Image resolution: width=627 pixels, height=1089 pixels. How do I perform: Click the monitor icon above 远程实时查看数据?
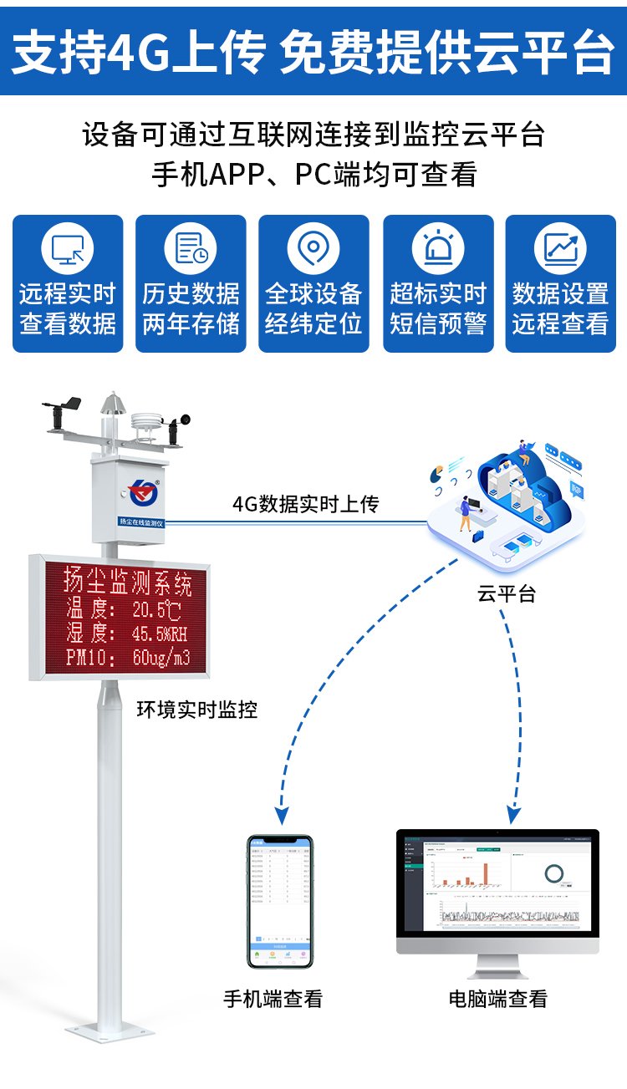coord(68,249)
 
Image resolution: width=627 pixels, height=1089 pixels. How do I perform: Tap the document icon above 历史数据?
coord(191,249)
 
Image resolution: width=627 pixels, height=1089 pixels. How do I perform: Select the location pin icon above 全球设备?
coord(313,248)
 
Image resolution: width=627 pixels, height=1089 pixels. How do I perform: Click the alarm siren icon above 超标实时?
coord(438,248)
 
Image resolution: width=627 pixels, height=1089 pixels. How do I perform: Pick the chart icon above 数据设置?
coord(560,248)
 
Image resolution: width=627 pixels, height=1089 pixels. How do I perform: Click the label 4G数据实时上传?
coord(305,504)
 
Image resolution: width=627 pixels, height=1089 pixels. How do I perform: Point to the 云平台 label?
coord(507,593)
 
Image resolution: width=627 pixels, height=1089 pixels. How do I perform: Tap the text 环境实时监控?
coord(197,710)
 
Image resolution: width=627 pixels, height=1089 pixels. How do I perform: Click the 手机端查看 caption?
coord(273,998)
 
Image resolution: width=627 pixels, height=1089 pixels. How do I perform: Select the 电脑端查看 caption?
coord(498,998)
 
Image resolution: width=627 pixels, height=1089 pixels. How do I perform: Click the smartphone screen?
coord(279,899)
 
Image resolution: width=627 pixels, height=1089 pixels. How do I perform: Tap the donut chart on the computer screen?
coord(553,874)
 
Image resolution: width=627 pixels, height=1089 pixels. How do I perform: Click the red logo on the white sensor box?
coord(143,491)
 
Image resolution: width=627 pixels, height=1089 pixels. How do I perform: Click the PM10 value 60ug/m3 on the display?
coord(161,658)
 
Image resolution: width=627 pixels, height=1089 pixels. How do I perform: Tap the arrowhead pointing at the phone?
coord(283,812)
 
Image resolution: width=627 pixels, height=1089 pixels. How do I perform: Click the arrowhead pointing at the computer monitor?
coord(514,812)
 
